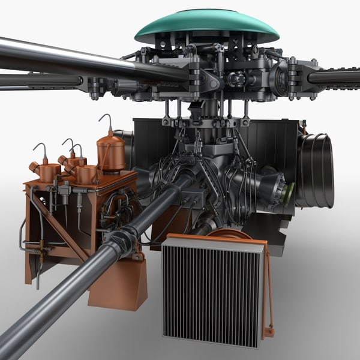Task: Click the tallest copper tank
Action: point(111,153)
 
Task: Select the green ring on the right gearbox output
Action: point(289,193)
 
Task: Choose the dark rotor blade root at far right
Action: point(334,77)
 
